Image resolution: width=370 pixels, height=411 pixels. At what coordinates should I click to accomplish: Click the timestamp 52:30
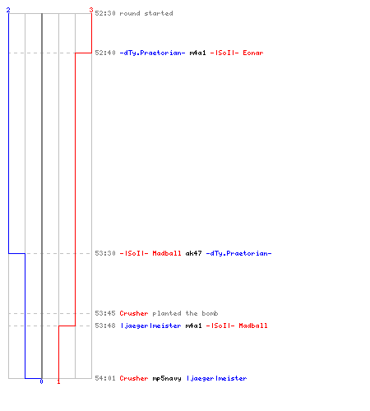point(105,13)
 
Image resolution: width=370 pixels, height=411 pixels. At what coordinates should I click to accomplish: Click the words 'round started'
point(146,13)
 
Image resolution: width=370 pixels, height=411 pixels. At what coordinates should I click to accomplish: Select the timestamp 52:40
point(105,53)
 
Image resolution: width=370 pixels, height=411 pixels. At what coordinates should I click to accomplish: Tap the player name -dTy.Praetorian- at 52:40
point(152,53)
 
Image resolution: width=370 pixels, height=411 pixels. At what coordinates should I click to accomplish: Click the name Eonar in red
point(253,53)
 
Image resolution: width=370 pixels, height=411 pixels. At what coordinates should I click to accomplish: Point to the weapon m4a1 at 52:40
point(197,53)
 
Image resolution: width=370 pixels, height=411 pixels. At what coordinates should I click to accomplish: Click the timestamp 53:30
point(105,253)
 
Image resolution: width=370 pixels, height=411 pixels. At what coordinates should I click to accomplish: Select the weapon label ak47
point(193,253)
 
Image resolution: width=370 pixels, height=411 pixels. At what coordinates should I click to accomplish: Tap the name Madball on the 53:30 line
point(167,253)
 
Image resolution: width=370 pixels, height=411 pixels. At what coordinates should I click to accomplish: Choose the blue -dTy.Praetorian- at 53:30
point(238,253)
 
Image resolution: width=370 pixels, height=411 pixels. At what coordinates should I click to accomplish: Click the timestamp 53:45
point(105,313)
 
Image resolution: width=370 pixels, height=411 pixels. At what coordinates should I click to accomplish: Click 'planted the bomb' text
point(185,313)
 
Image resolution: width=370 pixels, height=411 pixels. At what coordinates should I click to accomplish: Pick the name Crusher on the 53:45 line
point(134,313)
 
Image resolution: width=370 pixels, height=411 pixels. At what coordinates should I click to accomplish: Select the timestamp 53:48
point(105,326)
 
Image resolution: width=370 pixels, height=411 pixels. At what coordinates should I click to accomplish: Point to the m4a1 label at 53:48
point(193,326)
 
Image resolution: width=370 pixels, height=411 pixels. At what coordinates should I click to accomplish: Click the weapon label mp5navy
point(167,378)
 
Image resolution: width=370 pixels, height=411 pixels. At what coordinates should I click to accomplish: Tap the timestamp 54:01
point(105,378)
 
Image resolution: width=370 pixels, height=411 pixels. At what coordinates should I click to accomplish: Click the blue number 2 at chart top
point(8,10)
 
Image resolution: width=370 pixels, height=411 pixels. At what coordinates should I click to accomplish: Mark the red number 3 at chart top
point(91,10)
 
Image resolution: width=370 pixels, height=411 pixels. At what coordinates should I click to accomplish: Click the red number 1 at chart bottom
point(58,381)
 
